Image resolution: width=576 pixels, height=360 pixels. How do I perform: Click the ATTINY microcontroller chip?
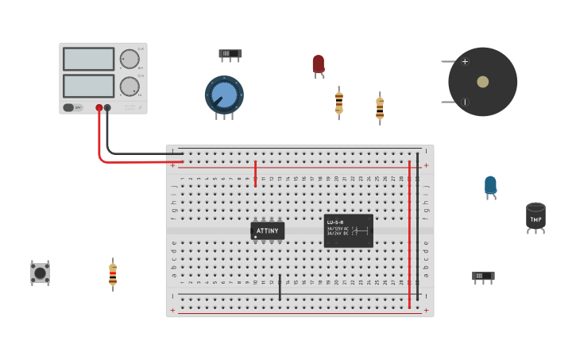[x=268, y=230]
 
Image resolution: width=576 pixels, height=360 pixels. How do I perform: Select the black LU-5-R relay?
[x=348, y=230]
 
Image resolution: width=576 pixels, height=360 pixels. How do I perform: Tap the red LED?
[x=318, y=64]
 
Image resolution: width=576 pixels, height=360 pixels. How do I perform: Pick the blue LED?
[x=490, y=185]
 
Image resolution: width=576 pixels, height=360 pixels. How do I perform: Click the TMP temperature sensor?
[x=535, y=216]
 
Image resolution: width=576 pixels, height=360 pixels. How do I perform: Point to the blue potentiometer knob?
[x=224, y=95]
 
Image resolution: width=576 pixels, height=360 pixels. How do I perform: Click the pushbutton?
[x=40, y=273]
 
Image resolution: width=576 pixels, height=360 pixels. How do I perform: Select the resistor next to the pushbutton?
[x=113, y=274]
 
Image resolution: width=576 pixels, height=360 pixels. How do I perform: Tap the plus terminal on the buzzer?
[x=465, y=61]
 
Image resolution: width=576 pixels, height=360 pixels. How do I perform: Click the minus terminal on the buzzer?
[x=465, y=102]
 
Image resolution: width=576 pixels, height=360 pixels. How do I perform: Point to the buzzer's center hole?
[x=482, y=82]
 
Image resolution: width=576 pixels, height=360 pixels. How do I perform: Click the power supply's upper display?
[x=88, y=59]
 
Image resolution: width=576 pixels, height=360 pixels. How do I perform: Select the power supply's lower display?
[x=88, y=86]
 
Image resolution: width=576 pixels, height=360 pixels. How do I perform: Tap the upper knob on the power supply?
[x=130, y=59]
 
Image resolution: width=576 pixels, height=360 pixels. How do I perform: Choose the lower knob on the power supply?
[x=130, y=86]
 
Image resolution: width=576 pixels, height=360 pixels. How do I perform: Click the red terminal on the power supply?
[x=99, y=107]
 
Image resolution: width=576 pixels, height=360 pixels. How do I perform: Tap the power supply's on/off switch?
[x=69, y=107]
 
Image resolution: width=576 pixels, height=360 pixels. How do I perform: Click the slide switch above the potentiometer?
[x=230, y=54]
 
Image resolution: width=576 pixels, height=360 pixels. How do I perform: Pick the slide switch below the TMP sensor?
[x=483, y=276]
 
